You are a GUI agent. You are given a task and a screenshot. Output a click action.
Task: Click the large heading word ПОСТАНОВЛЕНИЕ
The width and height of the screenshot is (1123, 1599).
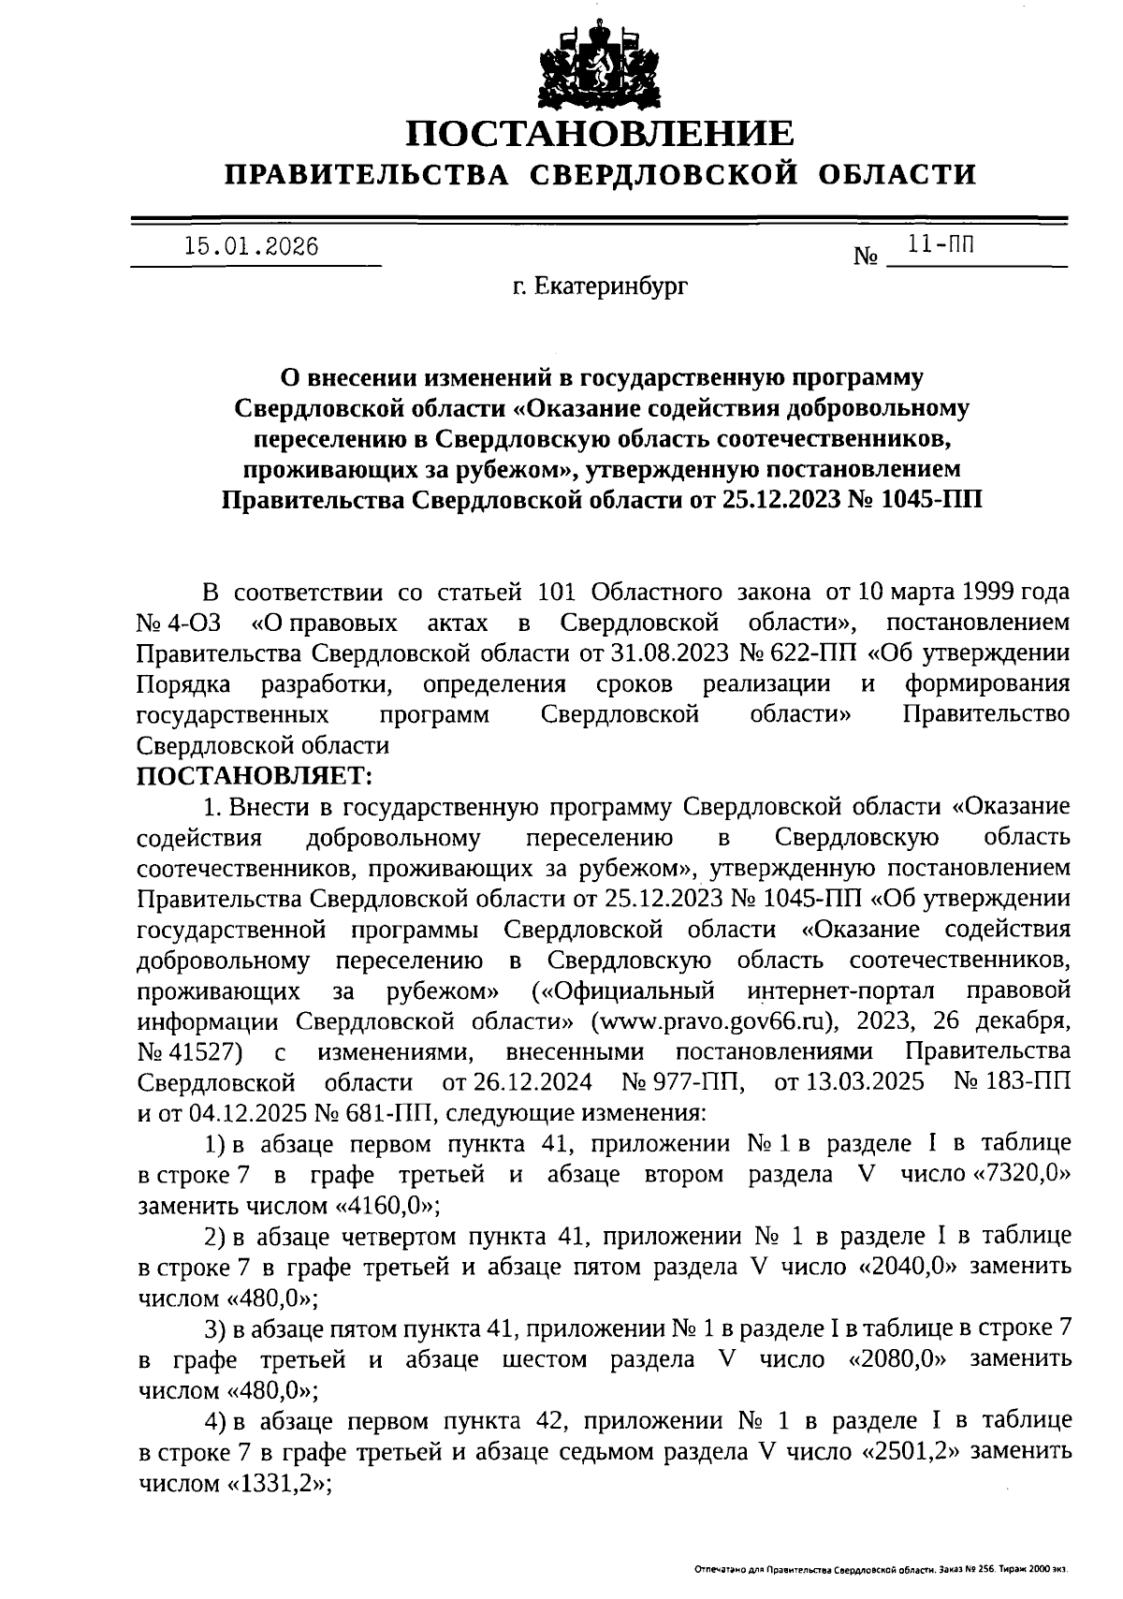point(599,134)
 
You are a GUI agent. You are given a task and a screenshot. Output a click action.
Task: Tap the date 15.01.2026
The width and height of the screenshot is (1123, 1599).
point(251,247)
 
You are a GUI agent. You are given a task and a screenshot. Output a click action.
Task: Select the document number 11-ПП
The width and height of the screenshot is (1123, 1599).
point(941,246)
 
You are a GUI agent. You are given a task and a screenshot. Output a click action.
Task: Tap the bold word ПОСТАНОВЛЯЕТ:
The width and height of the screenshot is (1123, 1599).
point(255,776)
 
